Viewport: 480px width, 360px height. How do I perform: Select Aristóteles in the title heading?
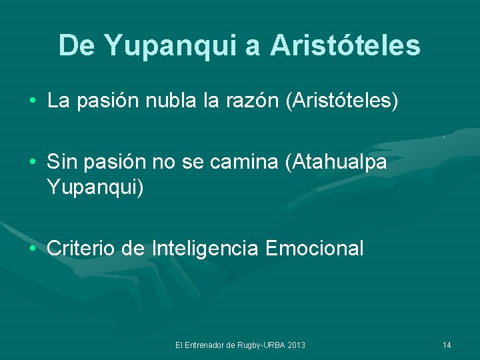[345, 45]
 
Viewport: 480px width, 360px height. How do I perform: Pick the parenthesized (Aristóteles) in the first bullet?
[342, 101]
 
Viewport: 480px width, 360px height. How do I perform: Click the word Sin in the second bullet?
[63, 163]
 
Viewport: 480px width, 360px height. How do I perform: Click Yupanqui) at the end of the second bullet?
[95, 187]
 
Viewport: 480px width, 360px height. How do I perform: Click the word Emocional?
[314, 249]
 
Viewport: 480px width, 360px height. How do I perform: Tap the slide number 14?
[447, 345]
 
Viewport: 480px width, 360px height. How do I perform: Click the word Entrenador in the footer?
[204, 345]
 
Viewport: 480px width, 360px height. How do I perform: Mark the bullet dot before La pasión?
[33, 102]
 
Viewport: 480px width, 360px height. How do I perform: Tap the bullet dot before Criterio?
[33, 249]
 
